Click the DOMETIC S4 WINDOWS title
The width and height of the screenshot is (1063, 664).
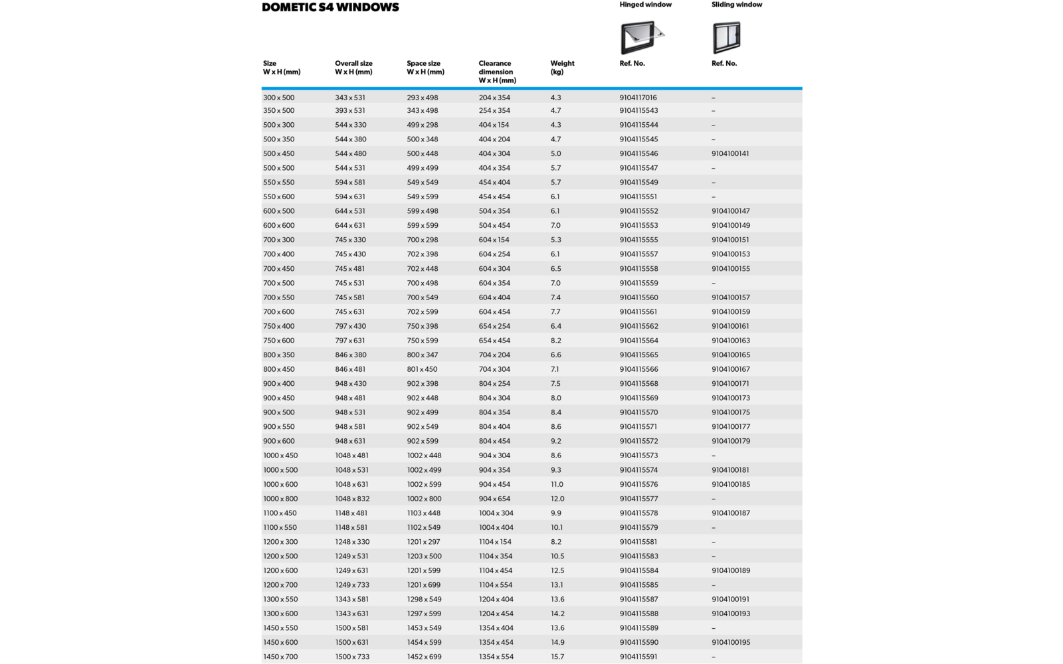pyautogui.click(x=330, y=7)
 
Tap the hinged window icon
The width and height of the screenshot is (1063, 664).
pyautogui.click(x=641, y=37)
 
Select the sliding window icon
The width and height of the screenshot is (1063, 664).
pyautogui.click(x=726, y=37)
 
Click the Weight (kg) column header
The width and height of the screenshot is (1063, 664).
pyautogui.click(x=562, y=68)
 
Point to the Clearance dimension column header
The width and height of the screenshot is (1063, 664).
pyautogui.click(x=497, y=72)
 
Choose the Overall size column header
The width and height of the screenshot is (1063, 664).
pyautogui.click(x=353, y=68)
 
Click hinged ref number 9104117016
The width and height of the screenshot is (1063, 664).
pyautogui.click(x=638, y=98)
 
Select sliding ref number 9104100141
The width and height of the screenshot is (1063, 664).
pyautogui.click(x=730, y=153)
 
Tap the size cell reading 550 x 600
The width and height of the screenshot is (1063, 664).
pyautogui.click(x=278, y=197)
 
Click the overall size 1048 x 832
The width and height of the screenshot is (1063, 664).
pyautogui.click(x=352, y=499)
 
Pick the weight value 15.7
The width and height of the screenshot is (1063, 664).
pyautogui.click(x=557, y=657)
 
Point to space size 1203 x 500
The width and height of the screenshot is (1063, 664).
pyautogui.click(x=424, y=556)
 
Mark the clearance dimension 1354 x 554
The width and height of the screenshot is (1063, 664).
pyautogui.click(x=496, y=657)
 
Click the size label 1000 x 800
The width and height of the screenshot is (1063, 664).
pyautogui.click(x=280, y=499)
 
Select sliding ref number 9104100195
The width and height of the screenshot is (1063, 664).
pyautogui.click(x=730, y=642)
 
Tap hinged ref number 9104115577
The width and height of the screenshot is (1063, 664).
pyautogui.click(x=638, y=499)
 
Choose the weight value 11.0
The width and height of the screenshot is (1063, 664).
pyautogui.click(x=557, y=485)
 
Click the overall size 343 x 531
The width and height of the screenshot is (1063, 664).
pyautogui.click(x=350, y=98)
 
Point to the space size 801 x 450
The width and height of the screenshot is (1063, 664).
pyautogui.click(x=422, y=369)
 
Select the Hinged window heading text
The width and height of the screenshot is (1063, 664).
pyautogui.click(x=645, y=5)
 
